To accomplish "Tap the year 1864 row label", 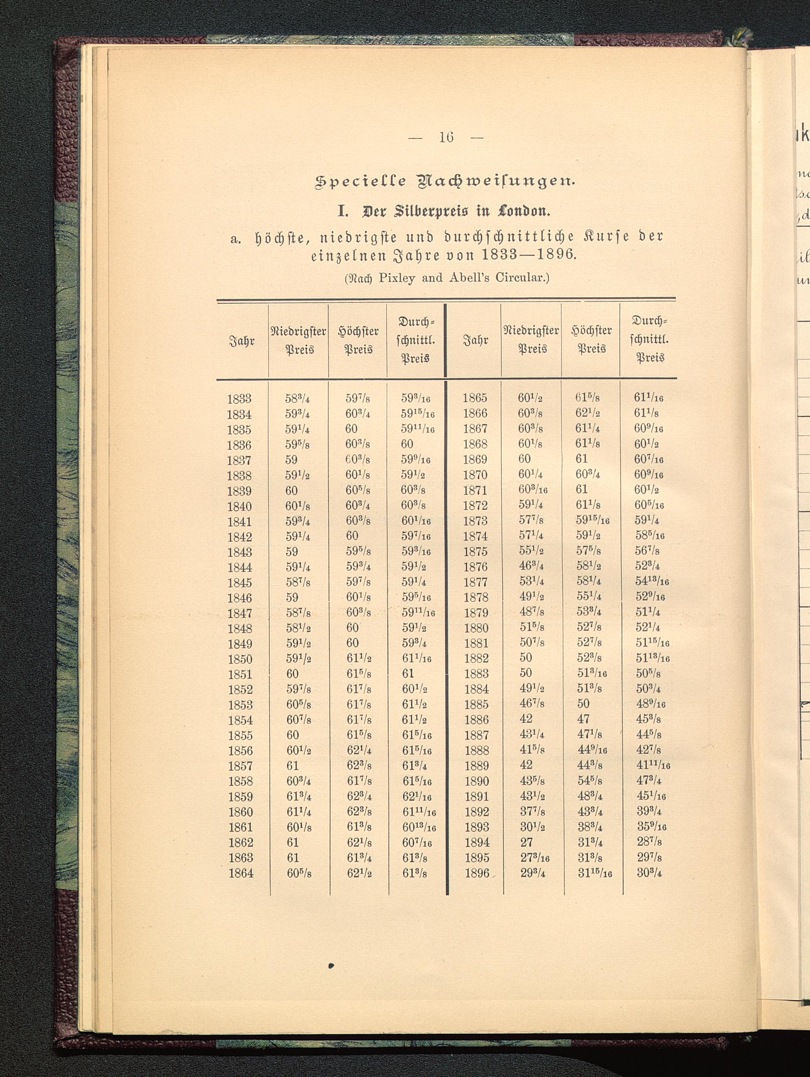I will tap(241, 873).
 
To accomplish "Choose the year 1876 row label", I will tap(475, 567).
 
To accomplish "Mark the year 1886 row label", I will tap(476, 719).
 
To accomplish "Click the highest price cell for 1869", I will tap(581, 459).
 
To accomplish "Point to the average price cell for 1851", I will tap(408, 674).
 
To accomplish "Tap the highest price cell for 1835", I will tap(351, 429).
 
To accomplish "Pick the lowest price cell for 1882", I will tap(526, 658).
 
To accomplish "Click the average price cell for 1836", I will tap(407, 444).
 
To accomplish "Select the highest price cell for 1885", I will tap(583, 704).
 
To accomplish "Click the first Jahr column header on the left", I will tap(242, 341).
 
